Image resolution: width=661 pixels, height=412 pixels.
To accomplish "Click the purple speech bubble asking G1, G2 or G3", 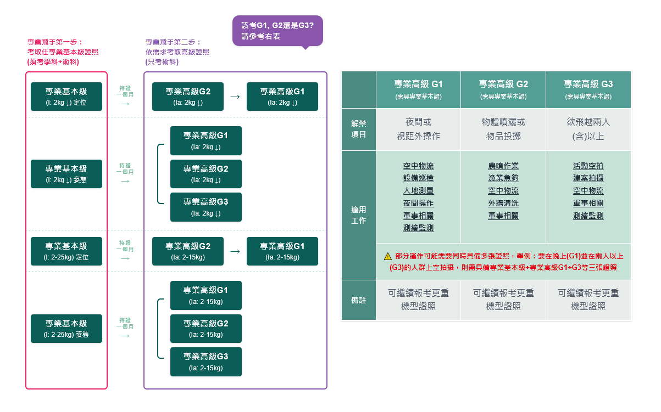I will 277,31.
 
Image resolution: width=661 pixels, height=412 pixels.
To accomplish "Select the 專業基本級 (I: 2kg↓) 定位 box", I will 66,97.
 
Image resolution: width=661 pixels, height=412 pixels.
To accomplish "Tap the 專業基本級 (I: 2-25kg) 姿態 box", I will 66,329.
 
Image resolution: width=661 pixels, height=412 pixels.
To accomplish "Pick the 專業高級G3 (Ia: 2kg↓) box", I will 205,207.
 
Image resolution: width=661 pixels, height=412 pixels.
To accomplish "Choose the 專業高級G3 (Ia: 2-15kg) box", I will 205,362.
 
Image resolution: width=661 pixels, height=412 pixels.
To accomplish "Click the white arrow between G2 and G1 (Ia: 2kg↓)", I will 235,97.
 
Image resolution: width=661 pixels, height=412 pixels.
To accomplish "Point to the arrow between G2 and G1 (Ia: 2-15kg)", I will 235,251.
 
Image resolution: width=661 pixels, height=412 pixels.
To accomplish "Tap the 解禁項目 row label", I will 358,129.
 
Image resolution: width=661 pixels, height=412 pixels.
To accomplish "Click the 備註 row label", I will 358,300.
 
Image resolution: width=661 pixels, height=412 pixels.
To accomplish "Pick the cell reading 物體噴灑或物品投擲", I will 503,129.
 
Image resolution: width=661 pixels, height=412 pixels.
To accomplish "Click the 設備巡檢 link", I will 418,178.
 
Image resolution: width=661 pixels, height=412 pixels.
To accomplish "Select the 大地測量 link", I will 418,191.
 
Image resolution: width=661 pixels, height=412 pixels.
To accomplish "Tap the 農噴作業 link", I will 503,166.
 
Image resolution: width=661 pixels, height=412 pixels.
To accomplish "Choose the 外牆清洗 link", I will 503,204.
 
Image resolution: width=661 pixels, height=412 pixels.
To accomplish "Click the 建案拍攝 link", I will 588,178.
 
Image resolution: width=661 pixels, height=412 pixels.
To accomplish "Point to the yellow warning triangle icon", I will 388,256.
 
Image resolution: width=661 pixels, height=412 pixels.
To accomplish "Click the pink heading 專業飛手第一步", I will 55,42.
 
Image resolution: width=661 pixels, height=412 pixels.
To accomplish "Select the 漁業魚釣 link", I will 503,178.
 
